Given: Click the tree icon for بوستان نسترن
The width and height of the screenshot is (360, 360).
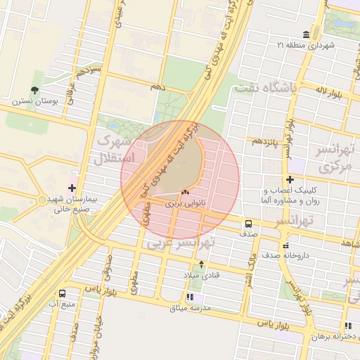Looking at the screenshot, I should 34,89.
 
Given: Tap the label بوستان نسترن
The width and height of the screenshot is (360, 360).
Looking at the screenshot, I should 32,101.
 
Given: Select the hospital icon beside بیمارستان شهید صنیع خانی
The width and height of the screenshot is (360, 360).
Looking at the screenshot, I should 72,188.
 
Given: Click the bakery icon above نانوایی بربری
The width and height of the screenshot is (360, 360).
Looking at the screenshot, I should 185,192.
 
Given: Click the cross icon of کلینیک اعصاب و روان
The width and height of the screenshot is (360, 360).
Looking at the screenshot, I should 290,179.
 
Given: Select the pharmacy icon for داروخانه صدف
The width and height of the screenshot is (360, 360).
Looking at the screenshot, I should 285,246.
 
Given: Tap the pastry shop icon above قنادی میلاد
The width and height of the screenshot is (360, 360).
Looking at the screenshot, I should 202,264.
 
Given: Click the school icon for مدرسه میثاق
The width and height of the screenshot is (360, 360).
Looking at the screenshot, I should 191,297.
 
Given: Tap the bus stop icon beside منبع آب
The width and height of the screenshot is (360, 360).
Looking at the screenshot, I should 63,293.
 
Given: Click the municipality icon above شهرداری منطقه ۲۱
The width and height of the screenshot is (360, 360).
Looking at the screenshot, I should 305,35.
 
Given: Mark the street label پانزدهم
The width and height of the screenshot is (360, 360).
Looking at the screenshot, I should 266,141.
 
